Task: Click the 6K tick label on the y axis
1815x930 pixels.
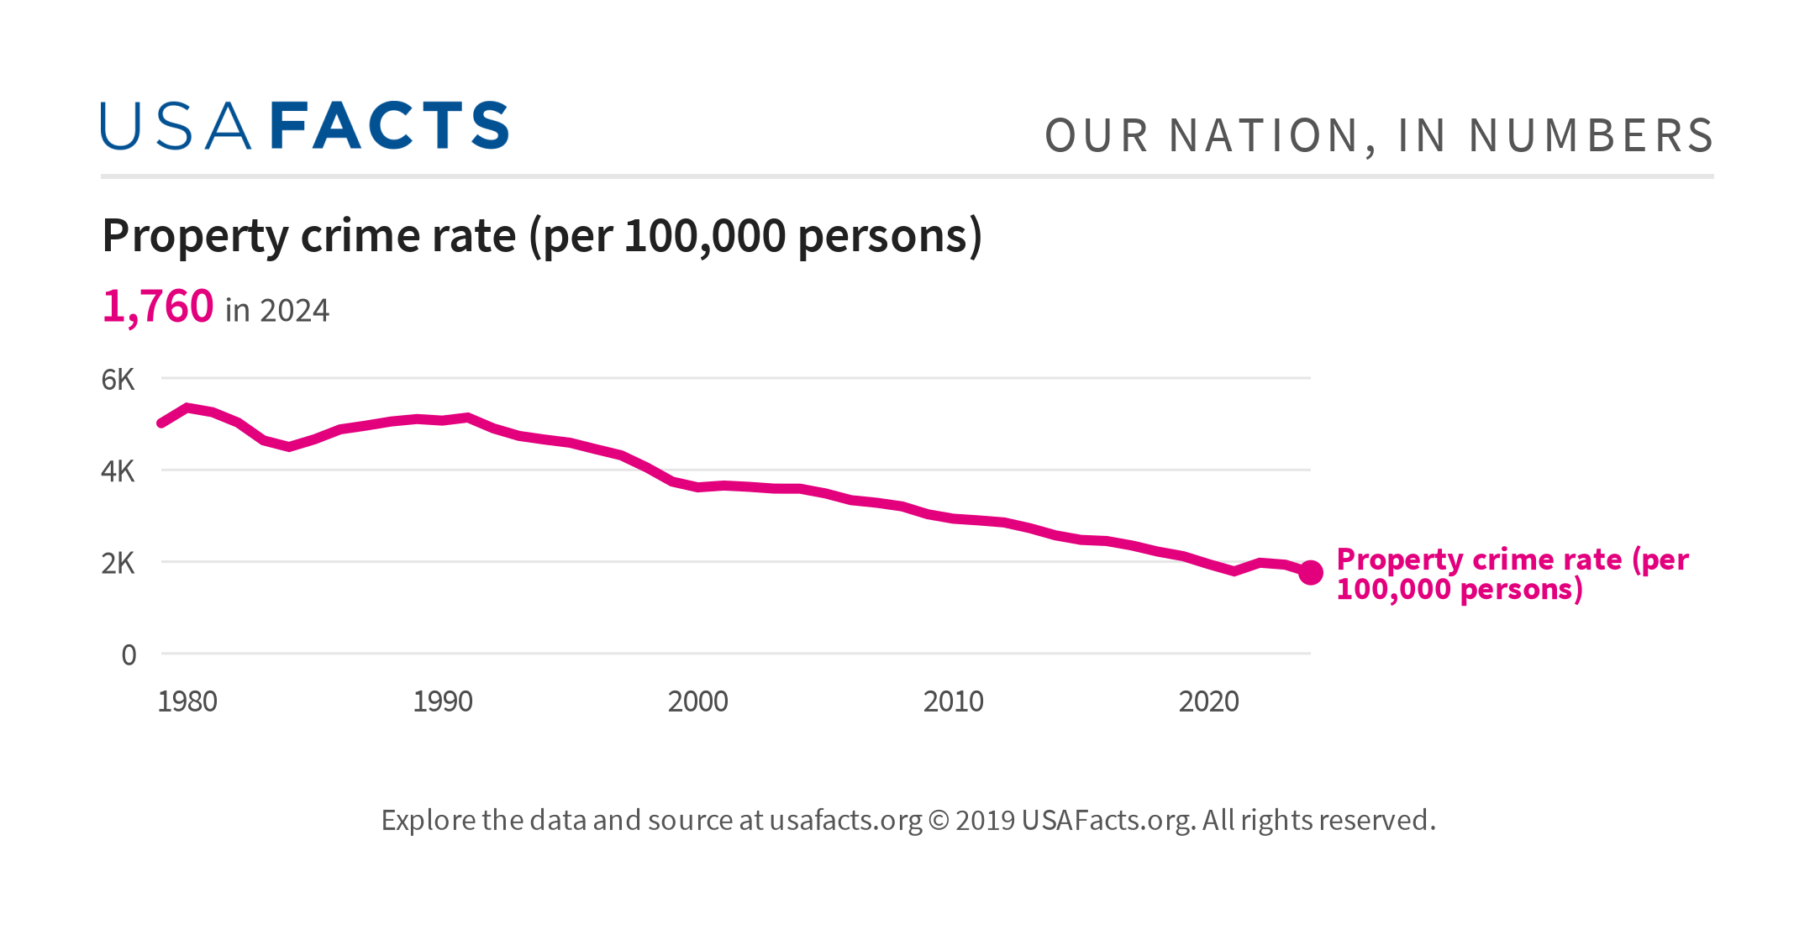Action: pos(118,380)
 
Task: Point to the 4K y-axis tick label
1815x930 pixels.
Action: pos(118,471)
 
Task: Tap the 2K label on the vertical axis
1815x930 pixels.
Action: pos(118,563)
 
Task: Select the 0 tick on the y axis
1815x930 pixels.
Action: pos(129,654)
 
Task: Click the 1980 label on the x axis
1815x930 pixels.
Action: pos(187,701)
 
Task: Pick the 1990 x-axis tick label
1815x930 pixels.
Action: pos(443,701)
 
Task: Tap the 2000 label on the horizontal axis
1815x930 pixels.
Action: pos(698,701)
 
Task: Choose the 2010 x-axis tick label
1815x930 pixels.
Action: pos(954,701)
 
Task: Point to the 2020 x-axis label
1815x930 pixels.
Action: pos(1209,701)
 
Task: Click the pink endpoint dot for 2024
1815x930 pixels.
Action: pos(1311,573)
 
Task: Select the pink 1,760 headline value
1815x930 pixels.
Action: pos(158,307)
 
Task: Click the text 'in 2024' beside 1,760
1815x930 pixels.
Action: pos(277,311)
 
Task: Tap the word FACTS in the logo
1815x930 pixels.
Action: pos(390,126)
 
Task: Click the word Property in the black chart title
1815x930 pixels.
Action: pos(195,236)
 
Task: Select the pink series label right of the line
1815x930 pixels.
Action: pos(1511,574)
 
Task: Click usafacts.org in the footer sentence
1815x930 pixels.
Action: pos(845,820)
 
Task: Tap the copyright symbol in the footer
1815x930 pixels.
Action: pos(939,821)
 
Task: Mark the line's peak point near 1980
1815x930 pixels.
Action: pos(187,407)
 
